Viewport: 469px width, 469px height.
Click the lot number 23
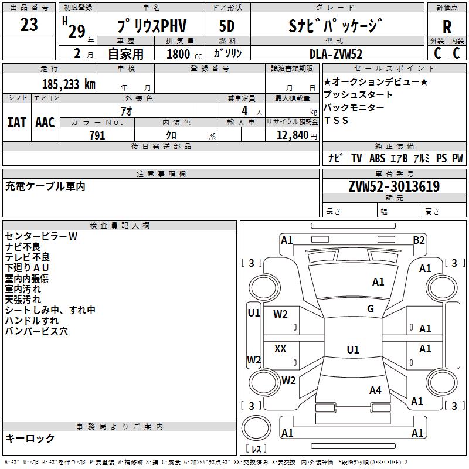(x=29, y=25)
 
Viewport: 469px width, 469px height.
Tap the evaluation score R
(x=447, y=27)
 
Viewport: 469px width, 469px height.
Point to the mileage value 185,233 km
(x=68, y=84)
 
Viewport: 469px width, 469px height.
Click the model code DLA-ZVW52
(x=336, y=54)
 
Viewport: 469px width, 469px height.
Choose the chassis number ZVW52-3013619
(x=394, y=186)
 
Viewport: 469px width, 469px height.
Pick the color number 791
(x=97, y=135)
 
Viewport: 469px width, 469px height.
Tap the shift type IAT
(x=16, y=122)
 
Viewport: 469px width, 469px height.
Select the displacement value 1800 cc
(x=178, y=54)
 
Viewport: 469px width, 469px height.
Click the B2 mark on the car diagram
(x=419, y=240)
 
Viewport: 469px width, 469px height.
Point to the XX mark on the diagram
(x=280, y=349)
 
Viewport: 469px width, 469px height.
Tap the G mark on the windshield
(x=371, y=309)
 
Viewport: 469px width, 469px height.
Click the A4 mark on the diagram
(x=375, y=390)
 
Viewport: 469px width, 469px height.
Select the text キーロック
(x=30, y=438)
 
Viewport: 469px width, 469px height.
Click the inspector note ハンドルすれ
(x=32, y=321)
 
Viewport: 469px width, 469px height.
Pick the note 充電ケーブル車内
(x=46, y=186)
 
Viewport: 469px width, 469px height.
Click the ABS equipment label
(x=377, y=158)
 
